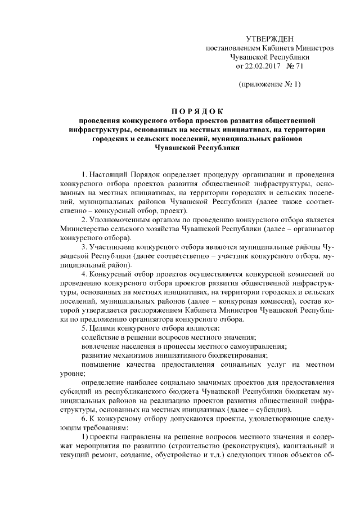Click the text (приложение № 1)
(x=270, y=84)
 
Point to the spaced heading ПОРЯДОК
(x=197, y=111)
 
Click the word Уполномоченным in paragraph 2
(x=120, y=219)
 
